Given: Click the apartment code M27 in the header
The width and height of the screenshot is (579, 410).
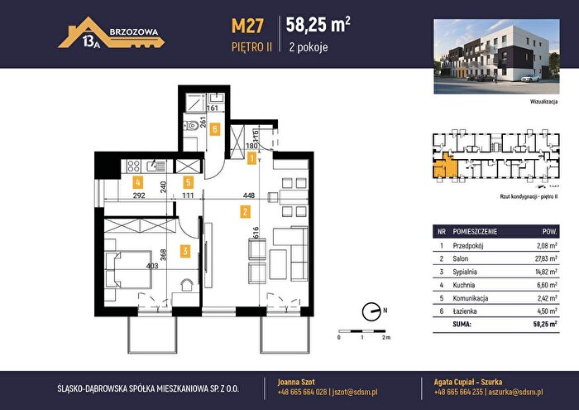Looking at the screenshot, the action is tap(247, 26).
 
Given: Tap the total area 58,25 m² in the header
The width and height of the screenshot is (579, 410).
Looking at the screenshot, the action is tap(318, 25).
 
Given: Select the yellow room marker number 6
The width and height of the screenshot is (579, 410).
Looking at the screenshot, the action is tap(214, 129).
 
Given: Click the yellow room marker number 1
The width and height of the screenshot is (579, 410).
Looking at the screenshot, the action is tap(251, 158).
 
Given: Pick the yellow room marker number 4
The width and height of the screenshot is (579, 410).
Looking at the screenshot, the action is tap(138, 182).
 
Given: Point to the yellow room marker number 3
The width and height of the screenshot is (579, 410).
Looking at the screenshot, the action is tap(185, 252).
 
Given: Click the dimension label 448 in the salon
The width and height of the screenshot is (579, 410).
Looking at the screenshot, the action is tap(249, 195).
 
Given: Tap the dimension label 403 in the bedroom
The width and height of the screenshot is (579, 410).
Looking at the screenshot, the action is tap(152, 265).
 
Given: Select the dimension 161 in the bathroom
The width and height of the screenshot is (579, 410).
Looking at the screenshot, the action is tap(213, 109).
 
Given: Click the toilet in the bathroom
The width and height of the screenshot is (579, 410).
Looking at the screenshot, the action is tap(190, 126).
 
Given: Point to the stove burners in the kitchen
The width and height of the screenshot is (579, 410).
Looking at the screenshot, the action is tap(134, 166).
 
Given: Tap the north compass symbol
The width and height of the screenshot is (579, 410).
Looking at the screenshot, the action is tap(371, 311).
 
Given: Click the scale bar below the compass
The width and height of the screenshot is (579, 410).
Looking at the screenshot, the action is tap(362, 331).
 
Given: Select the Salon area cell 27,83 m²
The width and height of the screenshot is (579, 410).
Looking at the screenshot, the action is tap(546, 258).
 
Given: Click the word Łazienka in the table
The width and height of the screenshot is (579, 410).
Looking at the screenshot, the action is tap(465, 311).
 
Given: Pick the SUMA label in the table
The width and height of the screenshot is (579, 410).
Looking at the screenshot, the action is tap(462, 324).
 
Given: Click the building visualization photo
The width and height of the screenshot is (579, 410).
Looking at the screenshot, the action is tap(496, 56).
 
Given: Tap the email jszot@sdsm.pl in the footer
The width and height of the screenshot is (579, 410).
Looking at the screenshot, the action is tap(355, 393).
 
